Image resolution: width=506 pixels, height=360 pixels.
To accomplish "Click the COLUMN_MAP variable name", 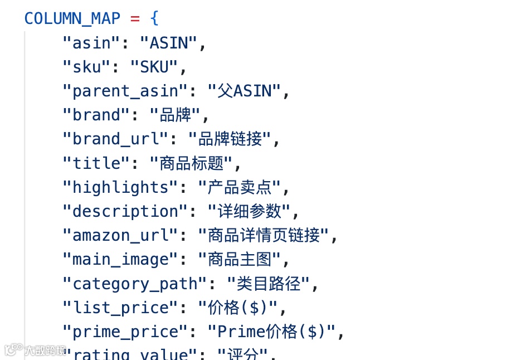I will [72, 18].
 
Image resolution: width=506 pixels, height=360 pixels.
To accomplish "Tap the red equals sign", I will [134, 18].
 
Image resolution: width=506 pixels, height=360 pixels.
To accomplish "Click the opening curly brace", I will [154, 18].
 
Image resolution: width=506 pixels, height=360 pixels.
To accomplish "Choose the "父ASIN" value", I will [245, 91].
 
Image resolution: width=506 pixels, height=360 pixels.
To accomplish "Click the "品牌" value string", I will [175, 115].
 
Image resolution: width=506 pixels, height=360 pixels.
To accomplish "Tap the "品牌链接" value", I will [230, 139].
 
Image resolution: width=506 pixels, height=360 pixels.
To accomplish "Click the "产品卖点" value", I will [240, 187].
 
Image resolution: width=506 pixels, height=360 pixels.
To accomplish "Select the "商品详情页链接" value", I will [264, 236].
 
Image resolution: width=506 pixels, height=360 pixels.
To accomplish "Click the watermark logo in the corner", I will [35, 351].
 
